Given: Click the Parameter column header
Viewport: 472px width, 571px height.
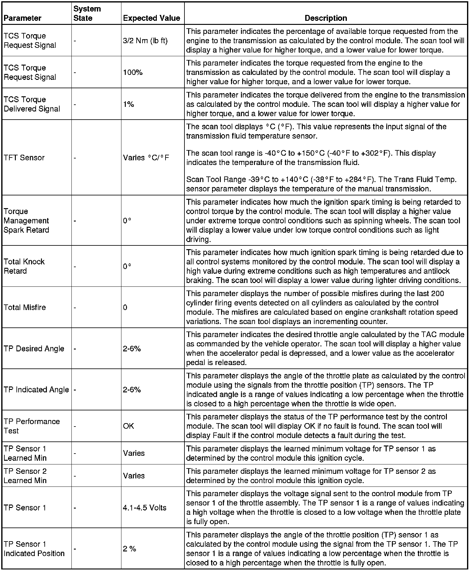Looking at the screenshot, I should coord(22,18).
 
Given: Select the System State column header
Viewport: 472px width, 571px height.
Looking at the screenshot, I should coord(87,13).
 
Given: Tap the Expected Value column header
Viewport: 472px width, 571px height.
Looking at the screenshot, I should coord(152,18).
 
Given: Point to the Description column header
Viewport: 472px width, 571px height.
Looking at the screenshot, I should coord(326,18).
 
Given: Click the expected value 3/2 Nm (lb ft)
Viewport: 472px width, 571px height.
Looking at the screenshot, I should coord(145,41).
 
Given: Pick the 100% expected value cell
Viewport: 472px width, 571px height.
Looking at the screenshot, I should coord(133,72).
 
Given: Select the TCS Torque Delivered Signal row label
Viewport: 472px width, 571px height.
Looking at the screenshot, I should coord(32,104).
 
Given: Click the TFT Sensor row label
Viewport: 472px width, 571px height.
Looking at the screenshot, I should coord(24,158).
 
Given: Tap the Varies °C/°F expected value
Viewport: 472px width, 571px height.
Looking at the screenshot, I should coord(146,158).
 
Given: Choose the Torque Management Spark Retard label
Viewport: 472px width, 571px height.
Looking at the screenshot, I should coord(26,221).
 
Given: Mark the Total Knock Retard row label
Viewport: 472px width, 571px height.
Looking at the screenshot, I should coord(24,266).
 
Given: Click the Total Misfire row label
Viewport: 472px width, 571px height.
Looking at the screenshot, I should coord(25,307).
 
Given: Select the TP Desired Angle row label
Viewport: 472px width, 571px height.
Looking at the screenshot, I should coord(34,349).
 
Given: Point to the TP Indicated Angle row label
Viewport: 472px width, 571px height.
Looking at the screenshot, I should coord(36,390).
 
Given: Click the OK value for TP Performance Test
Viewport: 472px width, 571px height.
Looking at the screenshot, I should coord(129,426).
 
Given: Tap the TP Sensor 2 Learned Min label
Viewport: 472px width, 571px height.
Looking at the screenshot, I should coord(25,476).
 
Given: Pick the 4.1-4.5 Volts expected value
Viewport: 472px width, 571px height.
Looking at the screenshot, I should coord(145,508).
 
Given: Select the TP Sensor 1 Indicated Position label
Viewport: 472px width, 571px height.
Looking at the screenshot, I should coord(34,549).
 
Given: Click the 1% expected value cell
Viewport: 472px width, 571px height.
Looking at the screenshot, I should coord(129,104).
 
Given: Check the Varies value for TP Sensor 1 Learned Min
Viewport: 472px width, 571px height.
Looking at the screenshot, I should coord(134,453).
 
